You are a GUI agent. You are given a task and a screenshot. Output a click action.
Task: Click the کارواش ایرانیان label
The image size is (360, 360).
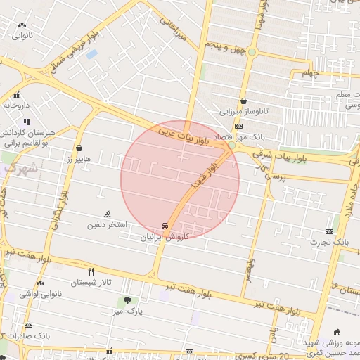pyautogui.click(x=165, y=238)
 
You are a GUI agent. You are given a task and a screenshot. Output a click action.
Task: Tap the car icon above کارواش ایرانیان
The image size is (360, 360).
pyautogui.click(x=165, y=227)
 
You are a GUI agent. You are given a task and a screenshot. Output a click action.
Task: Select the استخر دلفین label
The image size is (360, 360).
pyautogui.click(x=107, y=225)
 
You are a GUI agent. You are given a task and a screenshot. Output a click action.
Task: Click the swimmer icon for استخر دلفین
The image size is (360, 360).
pyautogui.click(x=108, y=214)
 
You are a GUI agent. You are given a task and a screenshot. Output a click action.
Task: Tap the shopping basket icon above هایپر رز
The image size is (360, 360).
pyautogui.click(x=79, y=148)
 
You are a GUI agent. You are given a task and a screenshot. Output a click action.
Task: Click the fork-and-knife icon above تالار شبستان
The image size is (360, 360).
pyautogui.click(x=91, y=271)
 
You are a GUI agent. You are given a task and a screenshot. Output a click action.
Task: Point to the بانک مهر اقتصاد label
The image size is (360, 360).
pyautogui.click(x=259, y=136)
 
